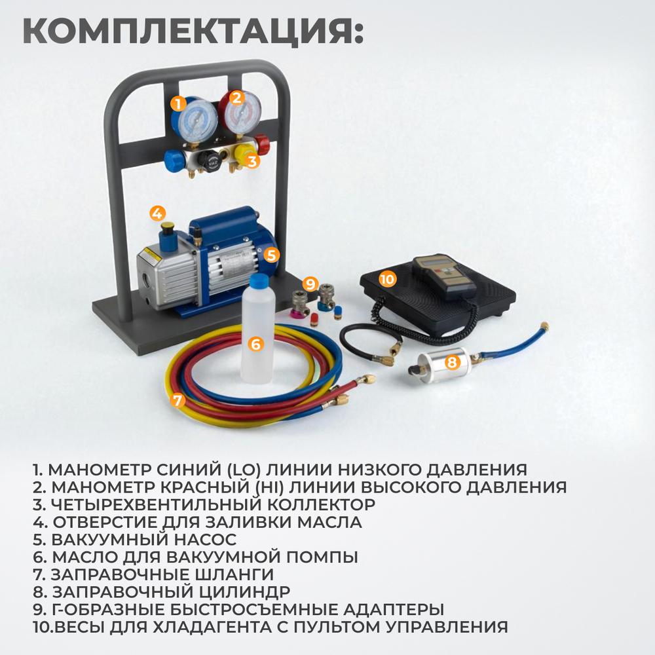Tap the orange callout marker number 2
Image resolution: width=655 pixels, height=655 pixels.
tap(237, 98)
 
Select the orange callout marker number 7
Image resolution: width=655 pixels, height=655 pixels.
tap(178, 400)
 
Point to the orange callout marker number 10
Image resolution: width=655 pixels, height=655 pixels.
tap(388, 279)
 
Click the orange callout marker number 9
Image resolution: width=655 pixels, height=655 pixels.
tap(310, 284)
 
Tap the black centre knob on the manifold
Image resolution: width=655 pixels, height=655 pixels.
tap(208, 159)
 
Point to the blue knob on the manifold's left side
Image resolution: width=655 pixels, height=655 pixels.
tap(174, 159)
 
